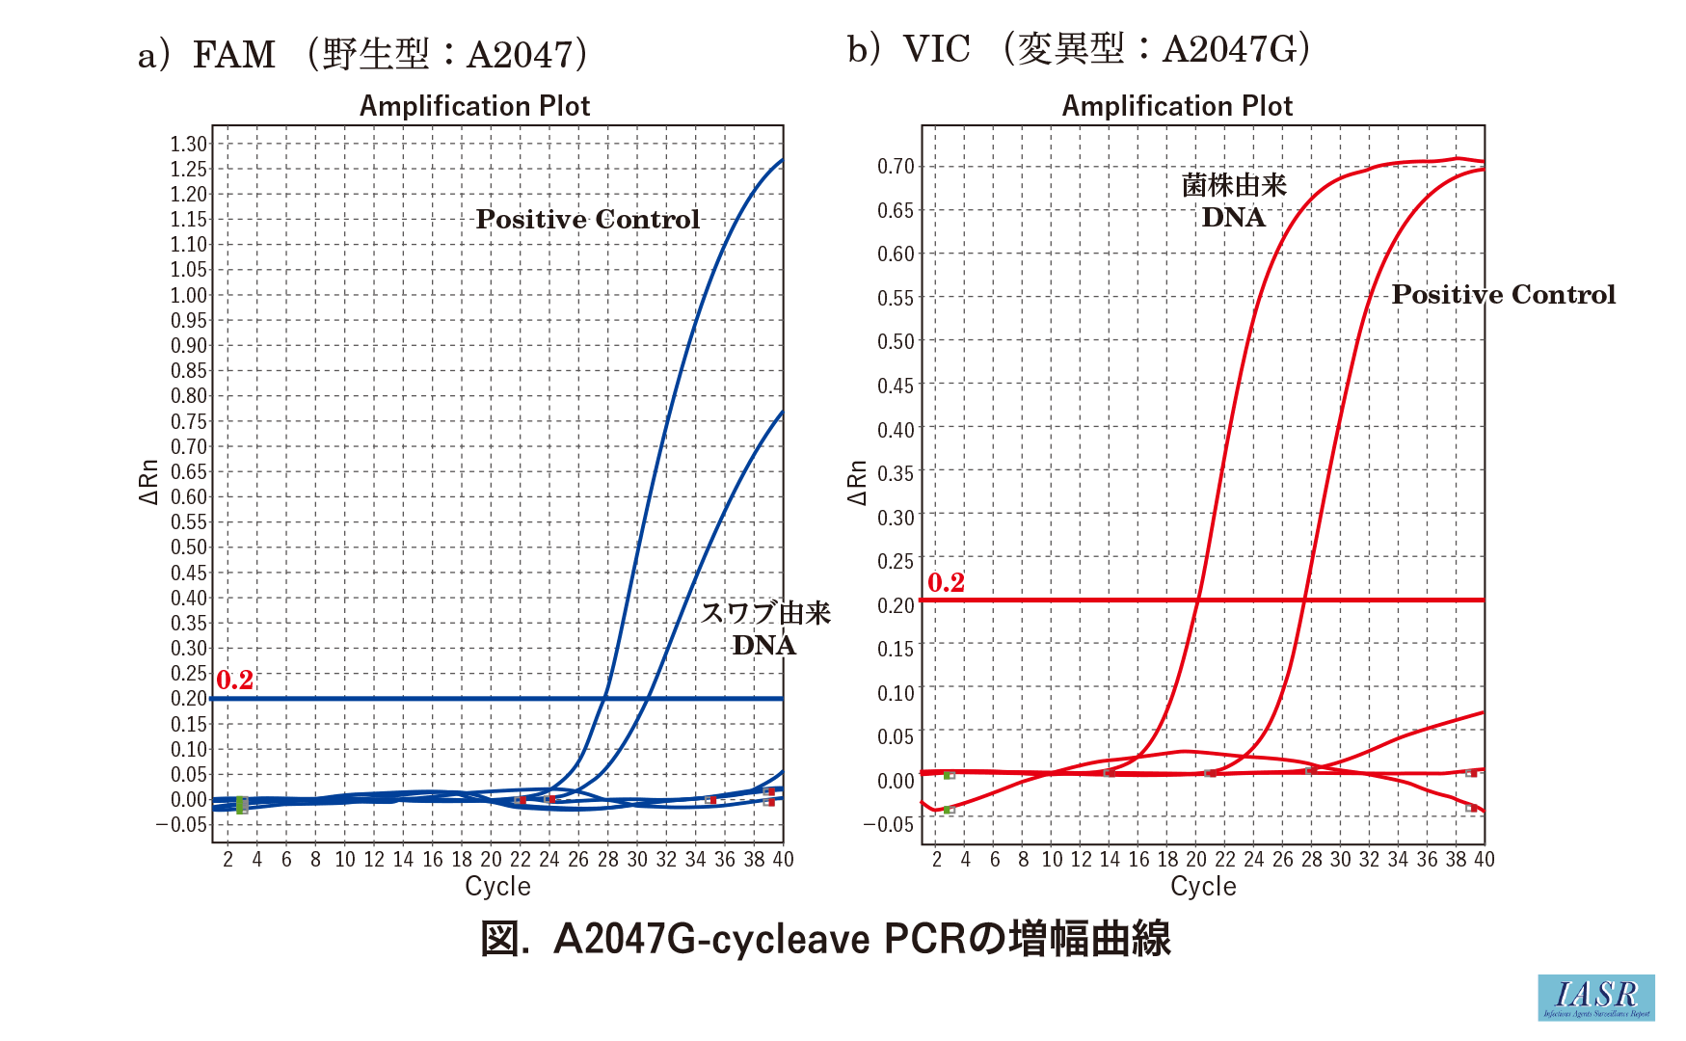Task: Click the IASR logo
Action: (1595, 997)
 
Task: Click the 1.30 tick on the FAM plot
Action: (189, 144)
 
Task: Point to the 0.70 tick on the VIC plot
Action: (896, 166)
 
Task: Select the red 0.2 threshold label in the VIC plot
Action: (946, 582)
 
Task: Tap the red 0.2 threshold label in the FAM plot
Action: (234, 680)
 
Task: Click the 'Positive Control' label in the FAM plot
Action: (587, 219)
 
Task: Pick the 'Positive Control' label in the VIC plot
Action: (1503, 294)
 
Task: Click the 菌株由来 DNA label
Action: (1234, 200)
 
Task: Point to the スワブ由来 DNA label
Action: (764, 628)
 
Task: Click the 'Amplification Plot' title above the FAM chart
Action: (474, 105)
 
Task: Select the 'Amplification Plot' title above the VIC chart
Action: (1176, 105)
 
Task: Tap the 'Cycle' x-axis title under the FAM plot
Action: (497, 886)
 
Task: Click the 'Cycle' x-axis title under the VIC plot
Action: (1203, 886)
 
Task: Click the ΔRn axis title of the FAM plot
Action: (147, 482)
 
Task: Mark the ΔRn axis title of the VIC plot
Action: (856, 482)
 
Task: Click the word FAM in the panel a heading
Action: (233, 54)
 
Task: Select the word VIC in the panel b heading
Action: (935, 48)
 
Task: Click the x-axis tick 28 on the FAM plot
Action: (607, 859)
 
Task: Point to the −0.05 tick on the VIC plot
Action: (888, 824)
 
